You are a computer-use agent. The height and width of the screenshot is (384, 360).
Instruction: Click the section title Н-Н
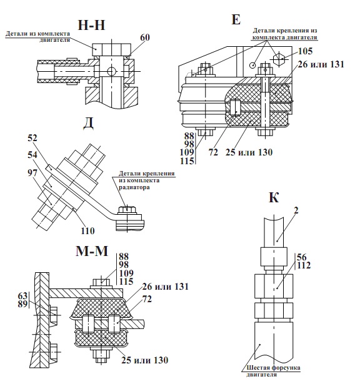click(91, 25)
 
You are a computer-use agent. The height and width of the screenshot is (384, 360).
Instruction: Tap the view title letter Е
click(236, 19)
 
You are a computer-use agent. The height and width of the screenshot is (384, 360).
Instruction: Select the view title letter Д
click(89, 124)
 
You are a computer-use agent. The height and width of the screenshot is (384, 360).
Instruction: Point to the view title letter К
click(274, 197)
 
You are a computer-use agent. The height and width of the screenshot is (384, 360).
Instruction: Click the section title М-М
click(92, 251)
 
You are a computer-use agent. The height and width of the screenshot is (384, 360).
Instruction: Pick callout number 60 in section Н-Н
click(145, 37)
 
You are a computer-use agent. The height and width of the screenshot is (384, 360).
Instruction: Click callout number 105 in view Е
click(306, 51)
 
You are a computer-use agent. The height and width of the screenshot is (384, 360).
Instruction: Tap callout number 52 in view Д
click(32, 138)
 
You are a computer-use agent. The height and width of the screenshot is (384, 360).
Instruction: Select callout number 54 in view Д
click(32, 155)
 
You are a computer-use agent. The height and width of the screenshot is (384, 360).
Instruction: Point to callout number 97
click(32, 173)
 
